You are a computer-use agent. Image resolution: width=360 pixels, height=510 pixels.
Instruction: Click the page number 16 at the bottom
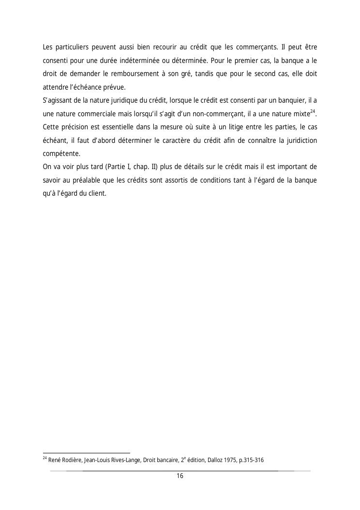(180, 476)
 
